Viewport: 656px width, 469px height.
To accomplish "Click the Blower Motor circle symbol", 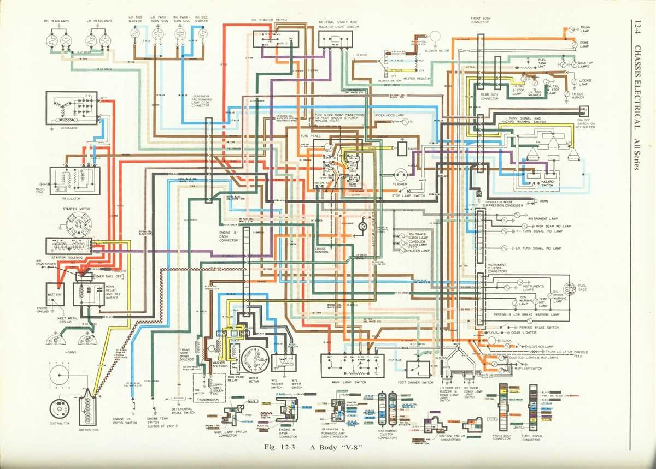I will [436, 37].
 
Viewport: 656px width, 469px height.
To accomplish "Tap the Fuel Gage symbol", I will [569, 288].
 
